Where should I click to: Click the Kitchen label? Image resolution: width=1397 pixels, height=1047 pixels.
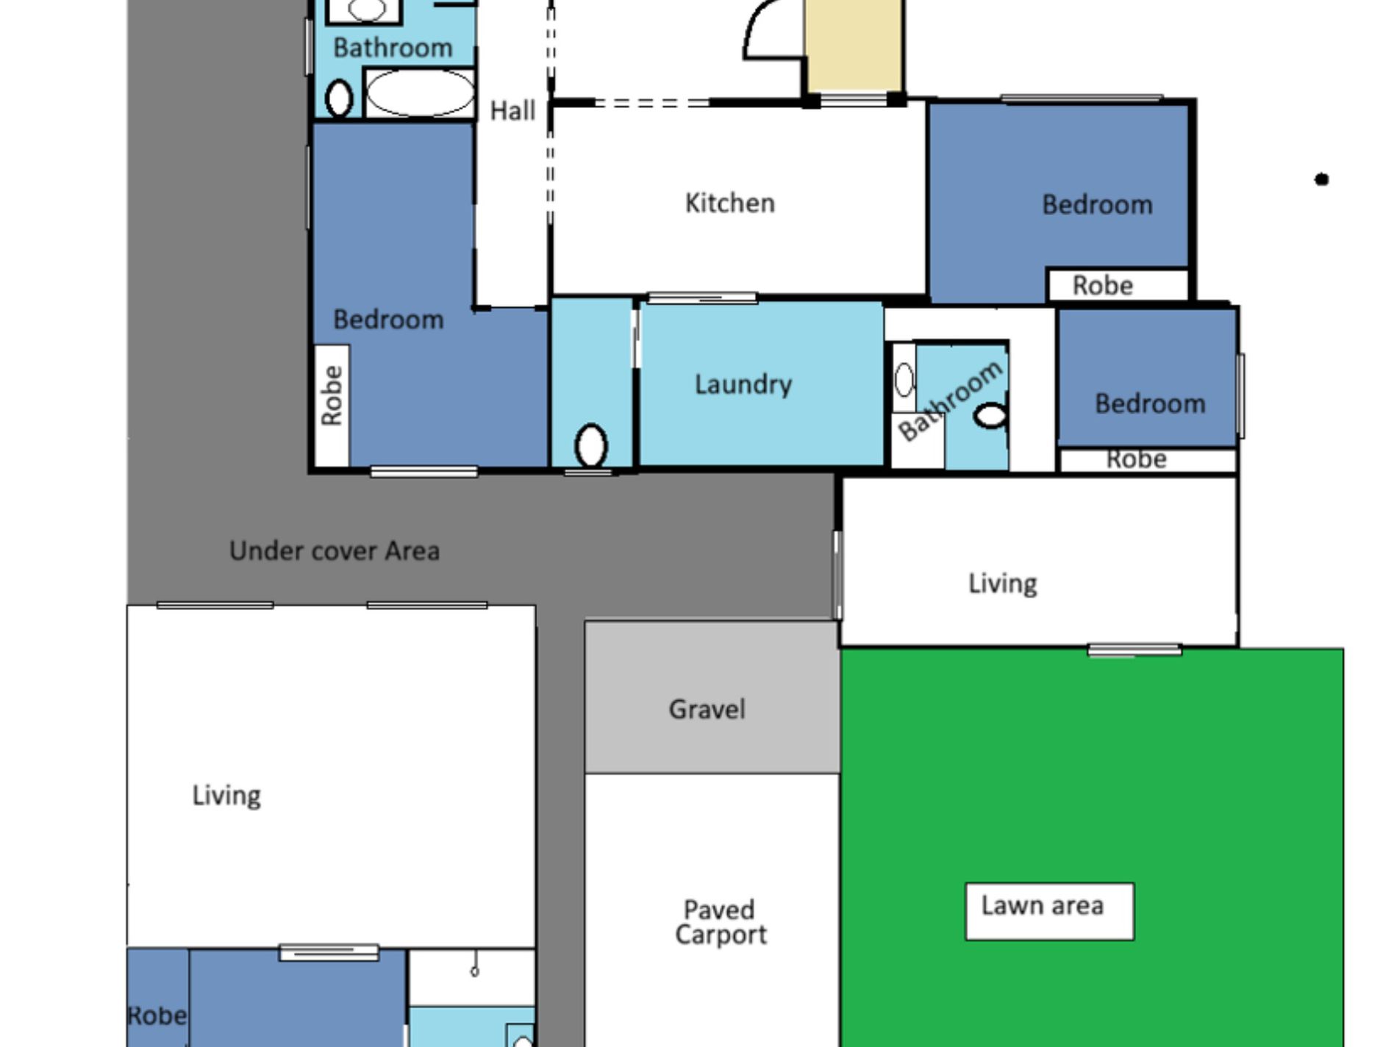[x=730, y=203]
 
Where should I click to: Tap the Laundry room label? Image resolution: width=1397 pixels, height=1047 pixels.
[x=743, y=384]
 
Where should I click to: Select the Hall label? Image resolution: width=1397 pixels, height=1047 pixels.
[x=512, y=111]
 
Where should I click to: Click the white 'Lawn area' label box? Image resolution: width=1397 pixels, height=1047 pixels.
[x=1049, y=911]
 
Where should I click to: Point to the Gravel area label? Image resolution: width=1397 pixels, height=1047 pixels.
[x=707, y=709]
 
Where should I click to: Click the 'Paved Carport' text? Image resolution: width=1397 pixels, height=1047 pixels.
[x=721, y=922]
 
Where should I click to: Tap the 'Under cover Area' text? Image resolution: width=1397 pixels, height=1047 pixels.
[x=335, y=551]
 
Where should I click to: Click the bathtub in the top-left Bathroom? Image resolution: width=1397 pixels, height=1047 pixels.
[x=420, y=93]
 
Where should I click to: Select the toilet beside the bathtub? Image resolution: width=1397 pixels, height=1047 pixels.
[x=339, y=98]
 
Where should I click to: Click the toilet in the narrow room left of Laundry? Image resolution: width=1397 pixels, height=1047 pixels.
[x=590, y=446]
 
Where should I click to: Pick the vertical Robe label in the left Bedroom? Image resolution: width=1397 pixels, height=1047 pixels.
[x=332, y=395]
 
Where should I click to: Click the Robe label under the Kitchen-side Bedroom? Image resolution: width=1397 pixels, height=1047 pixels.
[x=1102, y=285]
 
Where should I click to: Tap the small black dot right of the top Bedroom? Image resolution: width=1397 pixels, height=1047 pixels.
[x=1321, y=179]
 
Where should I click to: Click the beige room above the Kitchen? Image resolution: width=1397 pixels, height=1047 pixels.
[x=853, y=46]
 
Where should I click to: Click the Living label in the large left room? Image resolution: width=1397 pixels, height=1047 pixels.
[x=226, y=796]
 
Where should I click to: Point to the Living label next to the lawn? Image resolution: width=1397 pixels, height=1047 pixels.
[x=1002, y=583]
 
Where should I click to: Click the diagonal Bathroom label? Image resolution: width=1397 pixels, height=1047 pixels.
[x=949, y=401]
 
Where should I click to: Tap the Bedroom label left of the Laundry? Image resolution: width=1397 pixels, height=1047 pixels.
[x=388, y=320]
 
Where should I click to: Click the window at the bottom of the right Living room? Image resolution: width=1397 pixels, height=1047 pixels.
[x=1135, y=650]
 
